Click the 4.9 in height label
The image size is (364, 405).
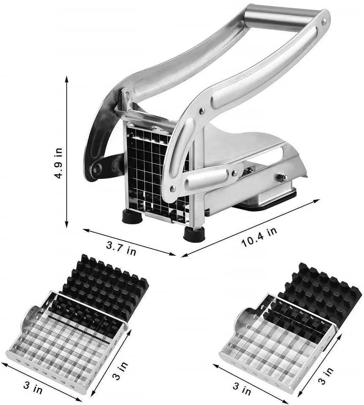click(58, 163)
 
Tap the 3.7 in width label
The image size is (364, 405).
click(121, 248)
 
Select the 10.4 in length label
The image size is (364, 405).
click(259, 237)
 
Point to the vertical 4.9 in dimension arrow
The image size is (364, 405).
click(67, 152)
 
